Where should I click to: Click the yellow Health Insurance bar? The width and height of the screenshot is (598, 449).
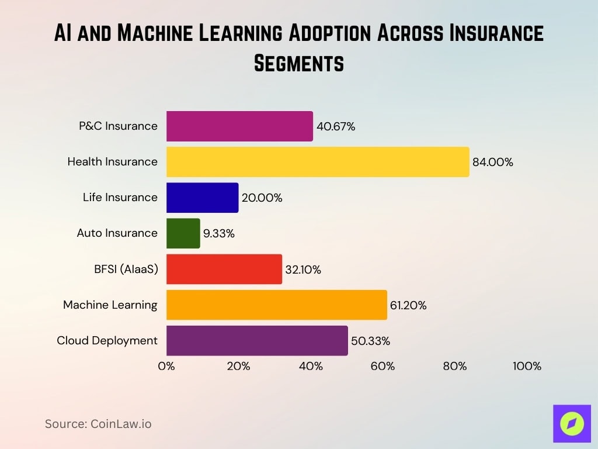[318, 162]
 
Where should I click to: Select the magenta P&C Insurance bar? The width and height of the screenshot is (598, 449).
[239, 126]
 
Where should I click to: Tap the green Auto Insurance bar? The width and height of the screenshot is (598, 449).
[183, 233]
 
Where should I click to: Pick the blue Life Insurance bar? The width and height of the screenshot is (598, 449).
[202, 198]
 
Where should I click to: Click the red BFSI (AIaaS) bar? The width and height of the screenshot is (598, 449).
[224, 269]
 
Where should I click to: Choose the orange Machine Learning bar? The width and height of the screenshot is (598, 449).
[277, 305]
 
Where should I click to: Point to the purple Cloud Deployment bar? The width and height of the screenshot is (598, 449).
[257, 340]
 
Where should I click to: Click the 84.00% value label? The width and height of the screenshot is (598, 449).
[493, 163]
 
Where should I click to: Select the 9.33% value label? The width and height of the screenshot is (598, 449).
[219, 234]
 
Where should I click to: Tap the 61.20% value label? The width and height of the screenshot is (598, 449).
[408, 305]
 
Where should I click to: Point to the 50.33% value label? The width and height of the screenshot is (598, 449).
[370, 341]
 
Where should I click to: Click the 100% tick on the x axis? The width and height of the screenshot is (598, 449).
[527, 367]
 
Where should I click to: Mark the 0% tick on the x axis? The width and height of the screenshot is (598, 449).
[166, 367]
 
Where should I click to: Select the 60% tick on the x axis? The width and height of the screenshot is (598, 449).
[383, 367]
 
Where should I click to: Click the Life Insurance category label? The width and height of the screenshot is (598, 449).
[120, 197]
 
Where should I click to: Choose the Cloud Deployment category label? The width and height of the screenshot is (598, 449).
[107, 340]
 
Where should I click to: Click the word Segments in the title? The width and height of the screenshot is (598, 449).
[299, 63]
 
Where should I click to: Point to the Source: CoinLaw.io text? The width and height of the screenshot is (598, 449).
[98, 424]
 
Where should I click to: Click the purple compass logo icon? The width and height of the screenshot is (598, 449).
[572, 423]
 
